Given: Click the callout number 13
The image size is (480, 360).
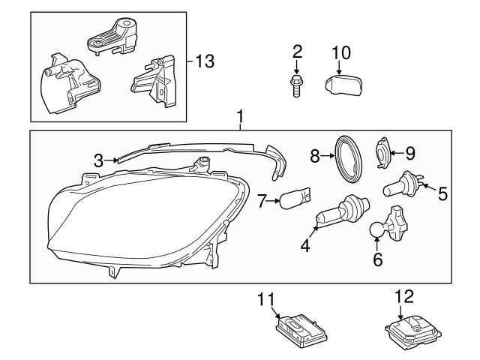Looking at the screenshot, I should click(204, 61).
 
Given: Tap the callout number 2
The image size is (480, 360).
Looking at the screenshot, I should click(297, 51).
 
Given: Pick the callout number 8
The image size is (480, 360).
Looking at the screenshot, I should click(315, 156).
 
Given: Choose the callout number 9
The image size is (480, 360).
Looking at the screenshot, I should click(409, 153).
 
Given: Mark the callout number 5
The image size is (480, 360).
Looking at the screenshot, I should click(443, 193).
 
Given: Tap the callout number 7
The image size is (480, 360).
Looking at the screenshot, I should click(262, 200).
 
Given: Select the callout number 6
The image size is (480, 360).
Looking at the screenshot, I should click(377, 259).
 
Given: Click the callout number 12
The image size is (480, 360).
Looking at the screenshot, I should click(399, 297).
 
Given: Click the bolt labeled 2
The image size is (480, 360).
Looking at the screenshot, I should click(297, 84).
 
